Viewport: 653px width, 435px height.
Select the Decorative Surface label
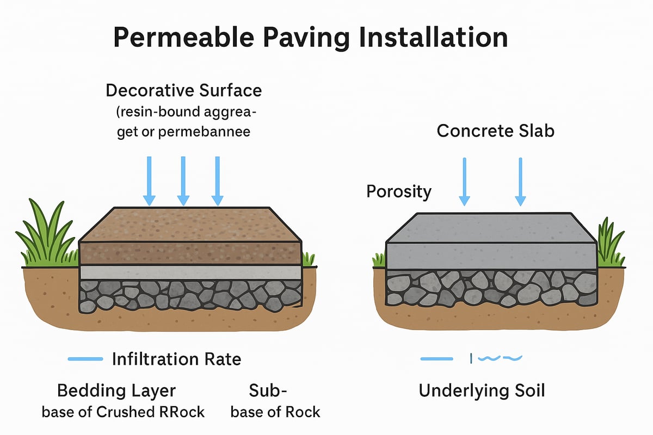(x=183, y=90)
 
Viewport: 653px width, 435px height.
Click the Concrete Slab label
(x=495, y=130)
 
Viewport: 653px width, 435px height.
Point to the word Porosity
(x=399, y=191)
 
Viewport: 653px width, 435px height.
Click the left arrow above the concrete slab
(x=464, y=181)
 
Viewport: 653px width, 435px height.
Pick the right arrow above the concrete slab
(x=521, y=181)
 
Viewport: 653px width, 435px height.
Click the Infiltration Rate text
(x=176, y=359)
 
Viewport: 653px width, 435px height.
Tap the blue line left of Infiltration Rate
(x=85, y=359)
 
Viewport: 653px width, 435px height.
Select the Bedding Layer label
(x=116, y=390)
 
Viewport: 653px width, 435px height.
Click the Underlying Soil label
(x=482, y=390)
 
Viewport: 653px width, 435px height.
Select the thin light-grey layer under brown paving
(x=190, y=272)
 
